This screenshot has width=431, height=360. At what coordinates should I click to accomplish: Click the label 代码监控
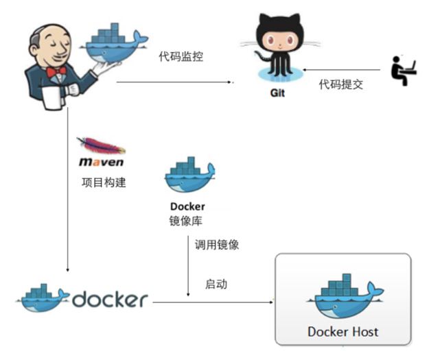point(180,57)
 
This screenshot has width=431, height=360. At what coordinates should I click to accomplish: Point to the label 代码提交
point(340,84)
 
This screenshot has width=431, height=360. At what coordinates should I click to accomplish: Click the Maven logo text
point(100,163)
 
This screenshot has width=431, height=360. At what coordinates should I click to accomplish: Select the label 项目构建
point(103,183)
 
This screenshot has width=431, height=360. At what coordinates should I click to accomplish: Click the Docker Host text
point(342,332)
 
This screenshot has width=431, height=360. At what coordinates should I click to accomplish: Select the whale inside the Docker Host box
point(343,298)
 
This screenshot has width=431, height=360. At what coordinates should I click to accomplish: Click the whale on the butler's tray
point(117,40)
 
